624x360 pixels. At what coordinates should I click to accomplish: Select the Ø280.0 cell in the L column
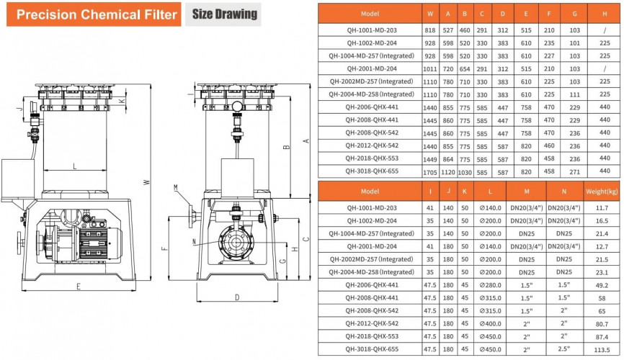click(x=490, y=284)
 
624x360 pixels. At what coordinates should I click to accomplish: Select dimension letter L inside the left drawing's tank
click(x=75, y=166)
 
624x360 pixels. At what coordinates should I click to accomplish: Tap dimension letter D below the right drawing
click(x=236, y=296)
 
